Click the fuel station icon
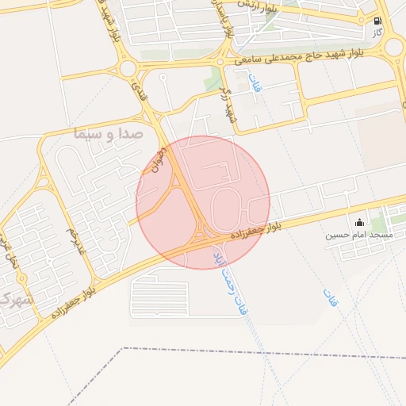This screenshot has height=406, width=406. (x=377, y=21)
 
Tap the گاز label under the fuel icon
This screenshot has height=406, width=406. (x=377, y=33)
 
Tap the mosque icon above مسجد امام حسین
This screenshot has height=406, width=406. (x=360, y=223)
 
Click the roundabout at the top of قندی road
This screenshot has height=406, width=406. (x=128, y=67)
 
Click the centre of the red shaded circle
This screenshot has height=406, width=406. (x=203, y=202)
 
